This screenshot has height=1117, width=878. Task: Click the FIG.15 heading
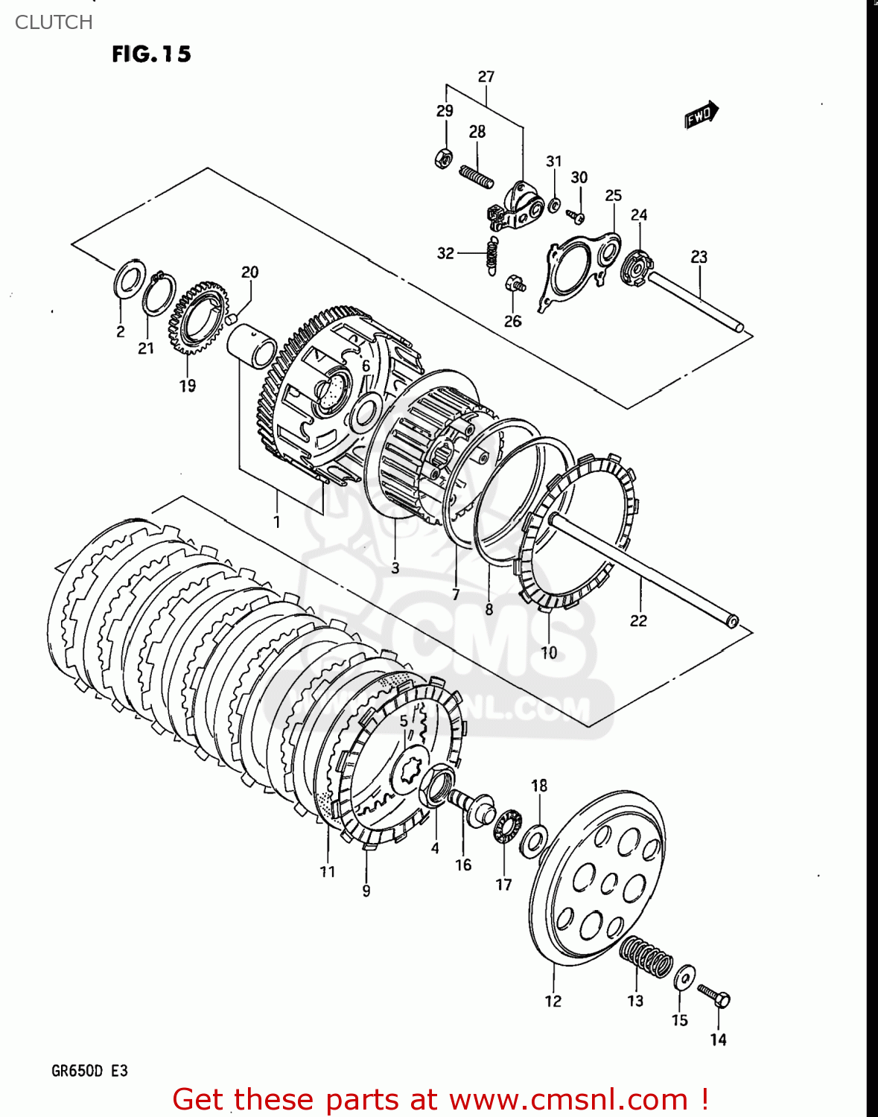(x=151, y=54)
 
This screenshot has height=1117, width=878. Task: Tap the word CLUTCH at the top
(x=54, y=22)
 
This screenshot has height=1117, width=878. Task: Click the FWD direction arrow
(x=701, y=115)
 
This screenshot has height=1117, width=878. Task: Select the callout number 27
(x=486, y=77)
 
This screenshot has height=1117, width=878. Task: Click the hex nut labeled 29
(x=443, y=158)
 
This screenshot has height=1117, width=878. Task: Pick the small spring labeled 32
(x=491, y=254)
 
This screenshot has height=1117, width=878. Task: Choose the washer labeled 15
(x=684, y=978)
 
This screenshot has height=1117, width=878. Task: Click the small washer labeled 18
(x=534, y=839)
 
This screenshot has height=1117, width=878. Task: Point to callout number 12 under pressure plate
(x=553, y=1002)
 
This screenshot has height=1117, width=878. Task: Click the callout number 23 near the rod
(x=699, y=257)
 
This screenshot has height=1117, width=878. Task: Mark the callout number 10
(x=548, y=653)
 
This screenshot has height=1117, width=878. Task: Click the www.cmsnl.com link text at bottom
(x=568, y=1100)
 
